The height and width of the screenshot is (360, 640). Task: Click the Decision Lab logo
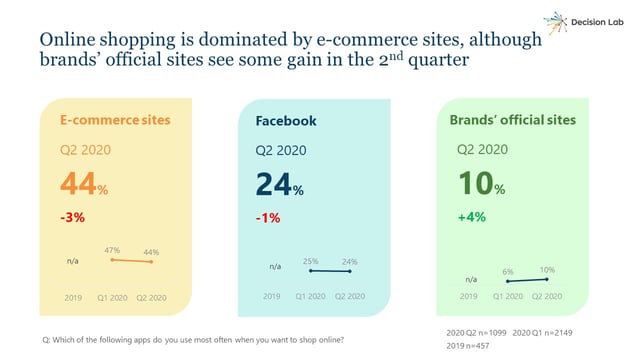(580, 23)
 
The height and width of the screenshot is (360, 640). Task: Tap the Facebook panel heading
(286, 121)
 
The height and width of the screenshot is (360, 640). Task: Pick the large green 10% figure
(481, 185)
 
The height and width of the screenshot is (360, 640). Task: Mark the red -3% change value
(73, 218)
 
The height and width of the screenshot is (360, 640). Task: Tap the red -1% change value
(266, 218)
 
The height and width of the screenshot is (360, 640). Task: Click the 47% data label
(112, 250)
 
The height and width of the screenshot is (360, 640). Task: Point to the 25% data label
(311, 261)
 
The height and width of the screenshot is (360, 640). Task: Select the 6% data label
(507, 272)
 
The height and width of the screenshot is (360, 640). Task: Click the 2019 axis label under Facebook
(272, 297)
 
